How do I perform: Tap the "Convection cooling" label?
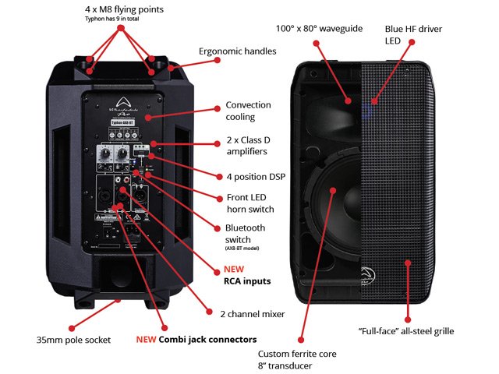248,111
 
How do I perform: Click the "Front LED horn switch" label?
252,203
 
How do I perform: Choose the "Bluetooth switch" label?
245,234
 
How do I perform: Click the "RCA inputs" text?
247,281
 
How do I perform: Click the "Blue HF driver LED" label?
412,34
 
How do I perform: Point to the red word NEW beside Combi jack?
147,340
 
